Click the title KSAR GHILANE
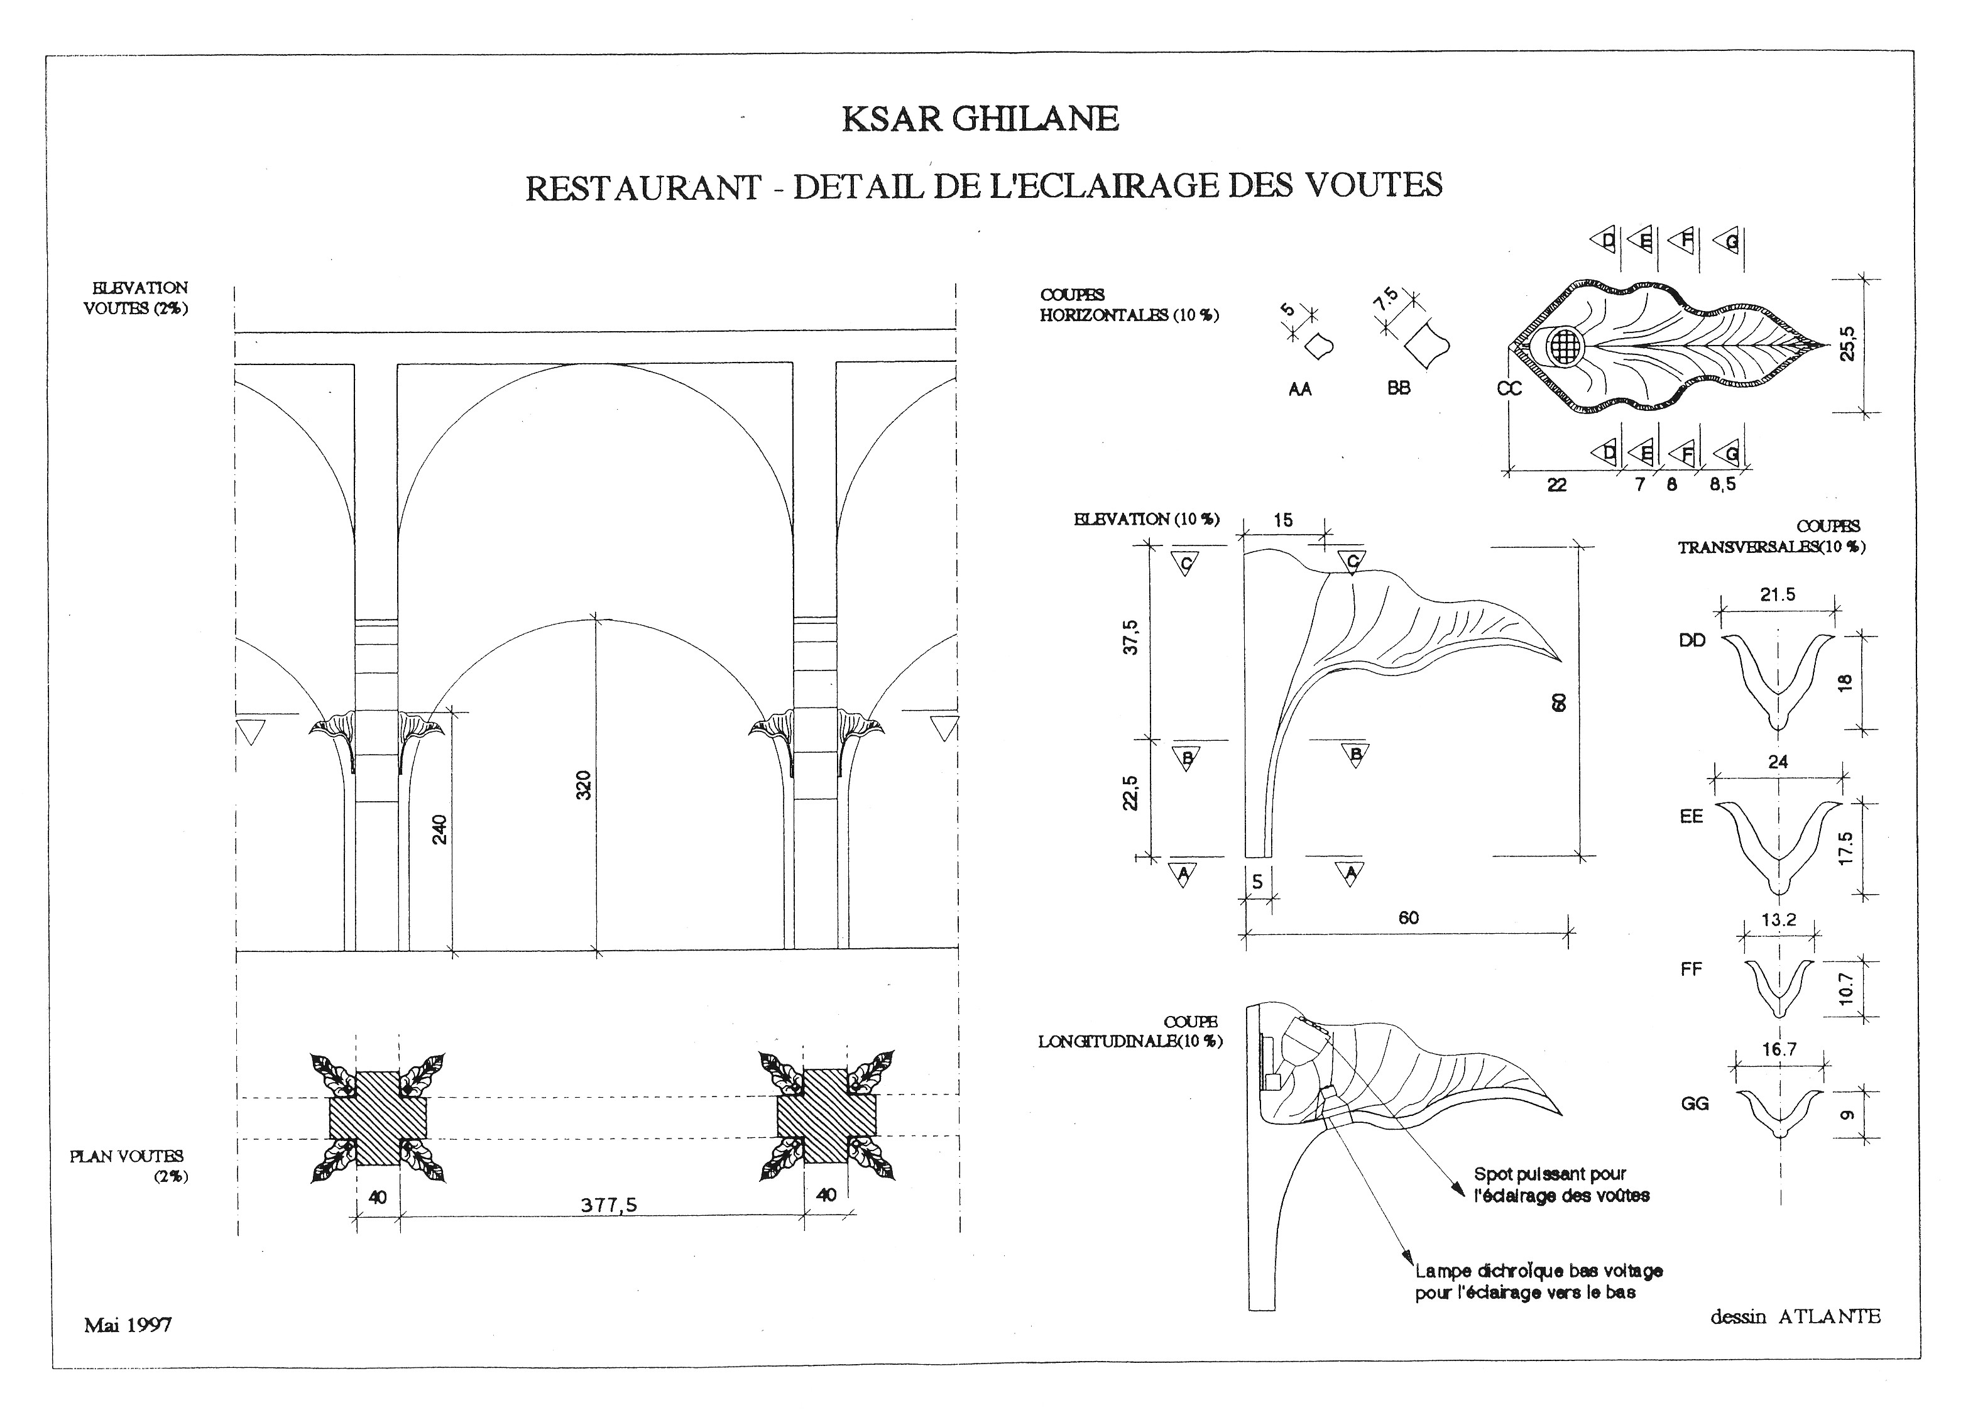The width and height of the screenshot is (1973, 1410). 980,119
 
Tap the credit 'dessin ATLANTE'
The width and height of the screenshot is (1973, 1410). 1795,1317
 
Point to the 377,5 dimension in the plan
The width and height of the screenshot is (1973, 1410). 608,1205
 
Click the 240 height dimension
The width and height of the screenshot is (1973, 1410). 439,829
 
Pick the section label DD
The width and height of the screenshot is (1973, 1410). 1692,641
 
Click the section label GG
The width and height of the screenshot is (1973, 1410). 1695,1103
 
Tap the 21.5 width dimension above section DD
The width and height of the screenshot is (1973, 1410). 1778,595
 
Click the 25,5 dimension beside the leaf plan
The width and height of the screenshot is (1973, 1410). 1848,343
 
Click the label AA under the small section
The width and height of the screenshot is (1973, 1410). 1299,390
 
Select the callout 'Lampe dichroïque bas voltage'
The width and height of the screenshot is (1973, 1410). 1539,1271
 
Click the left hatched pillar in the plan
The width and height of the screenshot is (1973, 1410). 378,1117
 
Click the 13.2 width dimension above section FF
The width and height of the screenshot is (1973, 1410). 1779,919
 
